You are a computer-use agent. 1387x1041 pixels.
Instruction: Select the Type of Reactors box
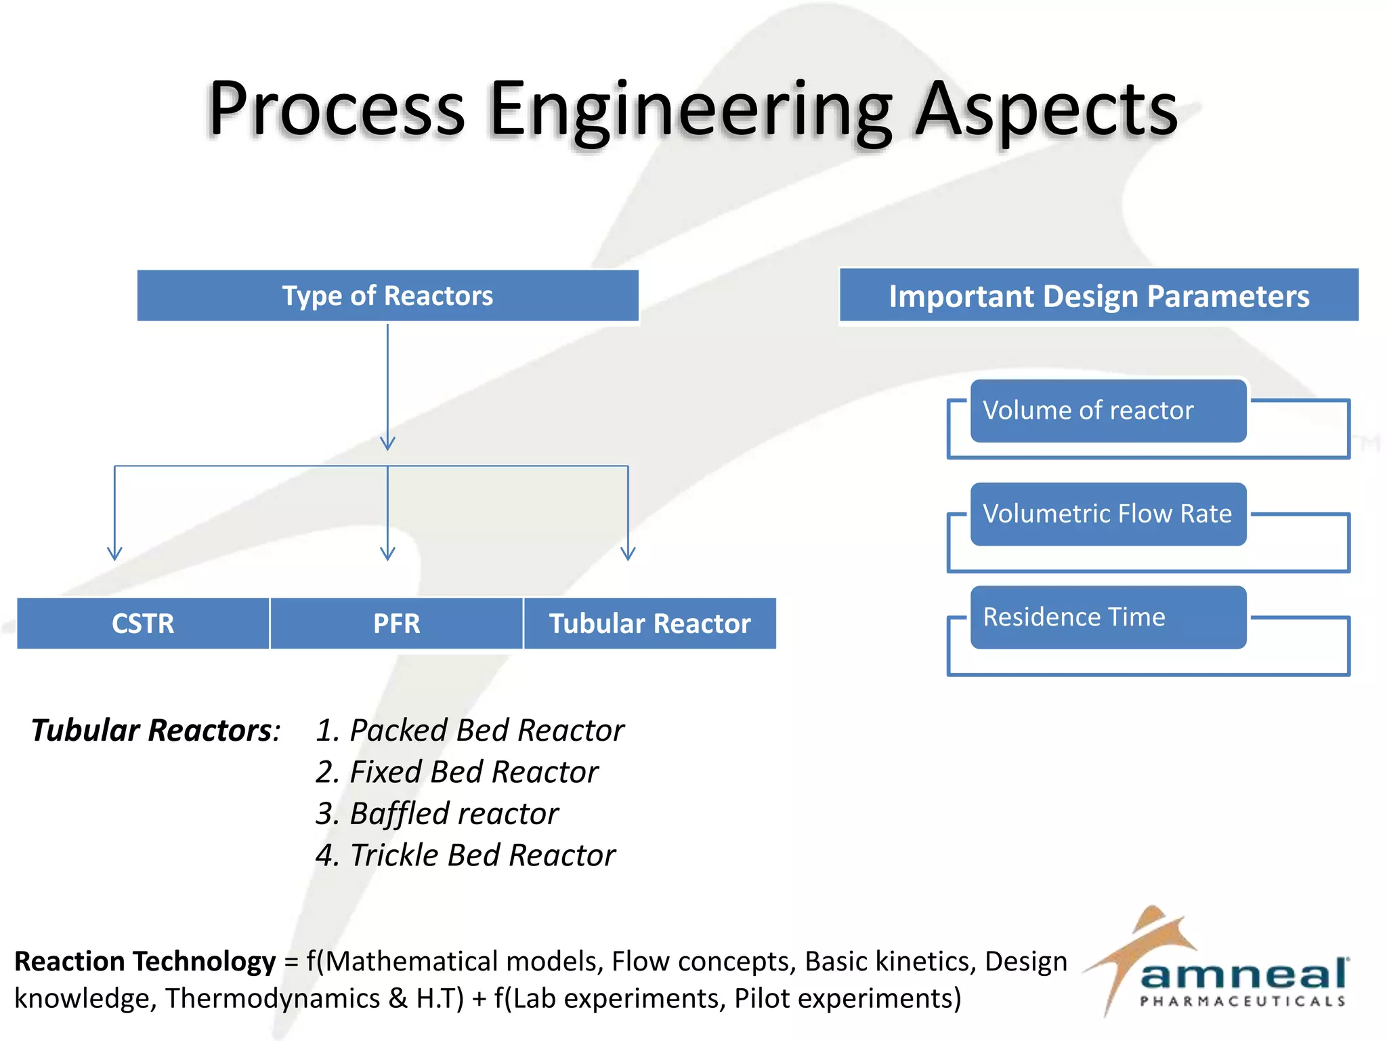(387, 295)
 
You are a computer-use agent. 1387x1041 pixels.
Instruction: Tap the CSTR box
(143, 624)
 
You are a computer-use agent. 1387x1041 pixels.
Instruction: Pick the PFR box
(397, 624)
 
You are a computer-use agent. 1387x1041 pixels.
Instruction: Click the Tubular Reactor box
(650, 624)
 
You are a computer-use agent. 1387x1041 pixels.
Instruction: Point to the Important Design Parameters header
(1098, 296)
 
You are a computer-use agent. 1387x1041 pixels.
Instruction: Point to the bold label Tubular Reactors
(152, 731)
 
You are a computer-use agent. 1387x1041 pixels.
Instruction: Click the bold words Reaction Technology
(145, 961)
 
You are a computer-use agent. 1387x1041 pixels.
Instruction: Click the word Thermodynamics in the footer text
(272, 998)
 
